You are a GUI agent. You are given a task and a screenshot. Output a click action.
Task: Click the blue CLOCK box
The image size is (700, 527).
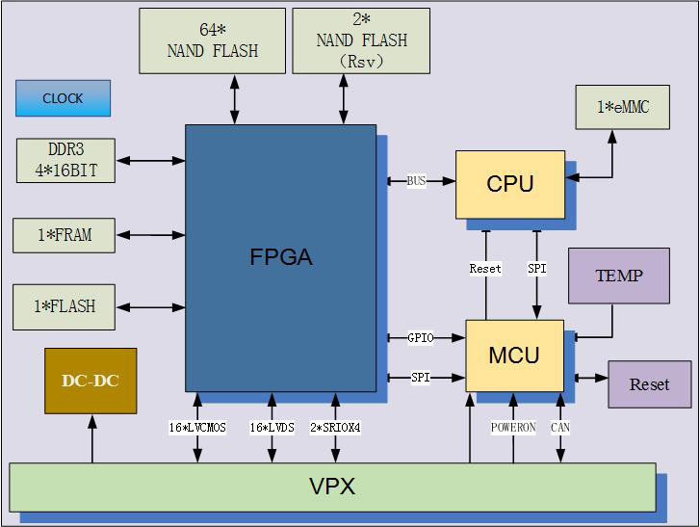[63, 98]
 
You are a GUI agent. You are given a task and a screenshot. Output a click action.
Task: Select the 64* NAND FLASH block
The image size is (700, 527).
[212, 40]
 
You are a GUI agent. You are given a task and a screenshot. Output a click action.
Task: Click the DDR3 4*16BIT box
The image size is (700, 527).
[66, 161]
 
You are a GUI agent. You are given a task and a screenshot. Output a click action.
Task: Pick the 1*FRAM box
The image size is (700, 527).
[65, 234]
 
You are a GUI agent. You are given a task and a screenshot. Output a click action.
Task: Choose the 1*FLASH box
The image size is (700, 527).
[65, 306]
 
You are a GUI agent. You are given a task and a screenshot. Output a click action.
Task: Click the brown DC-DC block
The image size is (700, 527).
[91, 381]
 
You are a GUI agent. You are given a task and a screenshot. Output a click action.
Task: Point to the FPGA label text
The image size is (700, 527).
[280, 257]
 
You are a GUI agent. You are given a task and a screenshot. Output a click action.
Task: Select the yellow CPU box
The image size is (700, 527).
[510, 184]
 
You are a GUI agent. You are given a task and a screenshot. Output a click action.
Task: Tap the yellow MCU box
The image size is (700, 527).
[514, 356]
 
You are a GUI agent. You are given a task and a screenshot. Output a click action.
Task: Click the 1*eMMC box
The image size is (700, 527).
[623, 107]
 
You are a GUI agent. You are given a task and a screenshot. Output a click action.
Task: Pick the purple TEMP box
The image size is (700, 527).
[619, 276]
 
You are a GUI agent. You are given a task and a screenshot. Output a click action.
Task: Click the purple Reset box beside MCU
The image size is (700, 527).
[649, 384]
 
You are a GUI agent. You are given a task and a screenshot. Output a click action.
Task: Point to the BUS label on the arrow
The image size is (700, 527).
[416, 180]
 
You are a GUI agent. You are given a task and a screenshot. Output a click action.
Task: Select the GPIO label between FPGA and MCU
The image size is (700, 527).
[421, 338]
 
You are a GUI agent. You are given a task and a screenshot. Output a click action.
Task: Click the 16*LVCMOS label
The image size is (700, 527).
[197, 427]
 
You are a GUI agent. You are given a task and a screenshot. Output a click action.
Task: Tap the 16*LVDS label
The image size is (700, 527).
[272, 427]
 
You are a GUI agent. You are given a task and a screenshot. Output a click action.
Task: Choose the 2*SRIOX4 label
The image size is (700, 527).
[335, 427]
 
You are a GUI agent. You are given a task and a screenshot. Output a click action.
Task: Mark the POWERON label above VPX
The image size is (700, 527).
[513, 427]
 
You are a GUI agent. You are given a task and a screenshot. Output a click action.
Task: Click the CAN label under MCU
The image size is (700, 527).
[560, 427]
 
